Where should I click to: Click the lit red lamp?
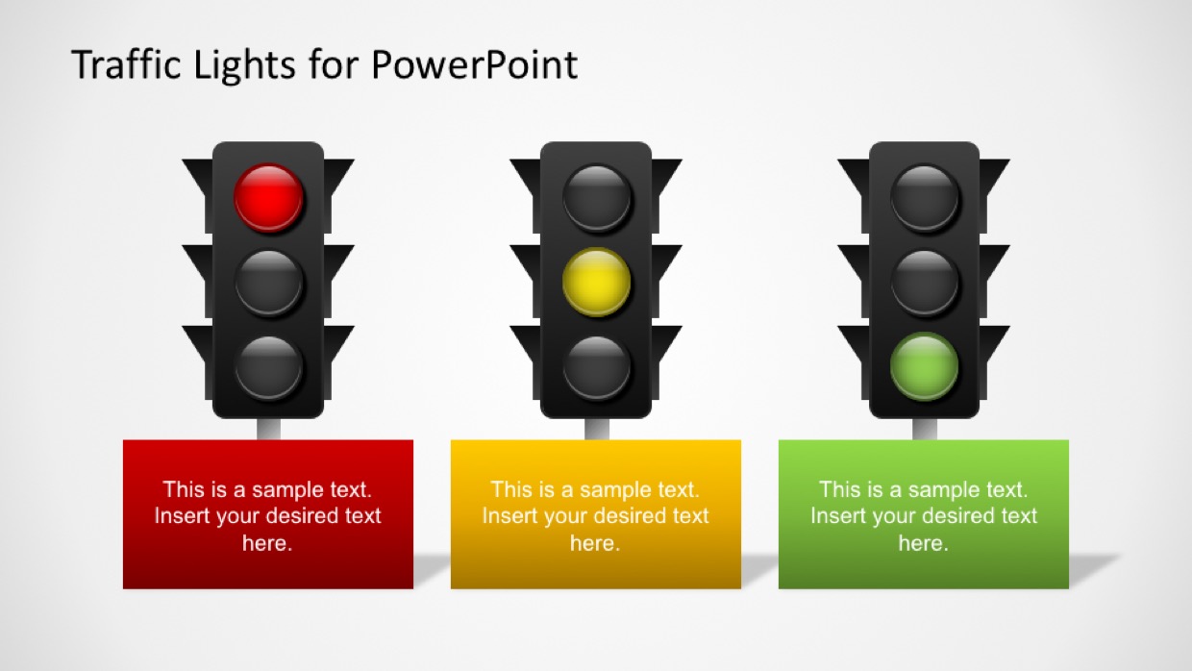[x=269, y=198]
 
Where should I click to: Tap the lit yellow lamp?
[x=597, y=282]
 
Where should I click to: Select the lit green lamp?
[x=925, y=366]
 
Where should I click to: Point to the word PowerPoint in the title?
[x=474, y=65]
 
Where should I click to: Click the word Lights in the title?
[x=244, y=66]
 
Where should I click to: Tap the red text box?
[x=268, y=514]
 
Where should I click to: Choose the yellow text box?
[x=596, y=514]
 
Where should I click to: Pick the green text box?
[x=924, y=514]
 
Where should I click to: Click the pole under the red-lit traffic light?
[x=269, y=429]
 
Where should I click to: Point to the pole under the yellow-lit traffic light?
[x=597, y=429]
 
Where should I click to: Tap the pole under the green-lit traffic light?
[x=925, y=429]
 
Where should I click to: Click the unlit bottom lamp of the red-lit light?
[x=269, y=367]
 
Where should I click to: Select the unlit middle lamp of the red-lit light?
[x=269, y=283]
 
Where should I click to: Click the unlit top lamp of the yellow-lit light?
[x=597, y=198]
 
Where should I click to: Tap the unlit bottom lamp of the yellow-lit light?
[x=597, y=367]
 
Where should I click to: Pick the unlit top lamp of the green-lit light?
[x=925, y=198]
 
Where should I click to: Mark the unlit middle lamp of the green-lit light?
[x=925, y=283]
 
